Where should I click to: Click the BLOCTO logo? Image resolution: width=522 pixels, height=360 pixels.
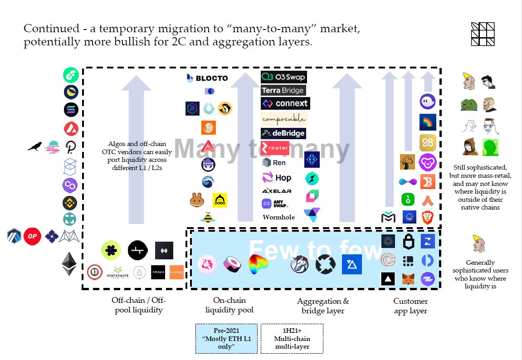(x=207, y=78)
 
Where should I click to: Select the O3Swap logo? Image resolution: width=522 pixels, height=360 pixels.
(x=283, y=77)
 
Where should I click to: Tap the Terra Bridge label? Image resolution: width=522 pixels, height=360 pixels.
(x=283, y=90)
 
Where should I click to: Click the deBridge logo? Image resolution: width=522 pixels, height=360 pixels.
(x=283, y=133)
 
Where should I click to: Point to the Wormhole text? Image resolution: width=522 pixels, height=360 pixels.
(x=278, y=217)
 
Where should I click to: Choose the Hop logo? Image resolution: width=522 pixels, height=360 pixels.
(x=277, y=178)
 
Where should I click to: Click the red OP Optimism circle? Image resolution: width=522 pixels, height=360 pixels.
(x=33, y=236)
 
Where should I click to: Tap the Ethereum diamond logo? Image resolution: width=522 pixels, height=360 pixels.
(x=69, y=264)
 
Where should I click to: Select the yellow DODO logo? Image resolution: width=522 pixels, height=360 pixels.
(x=220, y=200)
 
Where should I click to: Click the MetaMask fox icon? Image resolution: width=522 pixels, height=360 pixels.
(x=408, y=279)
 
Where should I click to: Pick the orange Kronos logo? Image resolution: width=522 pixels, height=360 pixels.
(x=176, y=272)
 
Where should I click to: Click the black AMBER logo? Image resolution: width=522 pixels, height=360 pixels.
(x=158, y=272)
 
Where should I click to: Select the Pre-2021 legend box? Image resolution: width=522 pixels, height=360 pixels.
(x=226, y=339)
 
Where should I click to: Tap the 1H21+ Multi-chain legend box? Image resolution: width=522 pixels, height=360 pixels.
(x=292, y=339)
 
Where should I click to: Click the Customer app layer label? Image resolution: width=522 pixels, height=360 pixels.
(x=410, y=306)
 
